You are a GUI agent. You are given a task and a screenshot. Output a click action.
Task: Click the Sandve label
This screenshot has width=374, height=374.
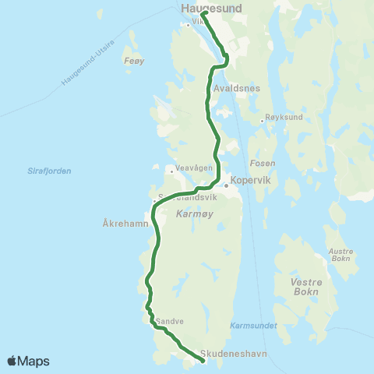click(170, 320)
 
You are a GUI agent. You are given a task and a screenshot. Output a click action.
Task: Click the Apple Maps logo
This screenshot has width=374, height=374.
click(29, 361)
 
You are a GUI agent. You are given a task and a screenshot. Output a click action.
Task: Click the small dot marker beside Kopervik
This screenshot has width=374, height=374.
click(226, 185)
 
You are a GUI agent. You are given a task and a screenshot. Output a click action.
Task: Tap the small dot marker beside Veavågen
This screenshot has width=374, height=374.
click(171, 169)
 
